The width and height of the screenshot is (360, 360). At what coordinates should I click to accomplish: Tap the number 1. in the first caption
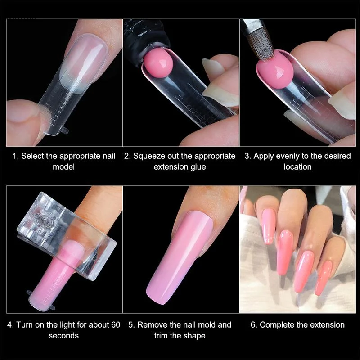click(16, 156)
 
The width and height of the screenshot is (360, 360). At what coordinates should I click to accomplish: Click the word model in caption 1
click(63, 166)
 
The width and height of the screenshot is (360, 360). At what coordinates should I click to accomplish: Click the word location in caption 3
click(297, 166)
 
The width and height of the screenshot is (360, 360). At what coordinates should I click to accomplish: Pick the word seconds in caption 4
click(63, 335)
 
